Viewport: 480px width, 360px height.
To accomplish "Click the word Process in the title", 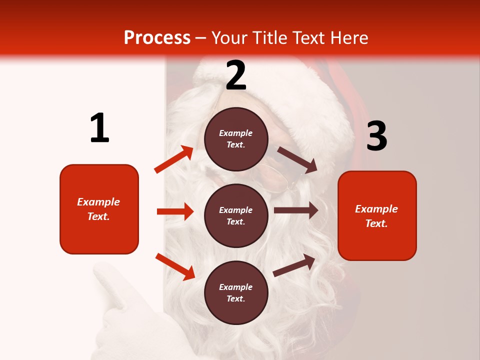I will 157,38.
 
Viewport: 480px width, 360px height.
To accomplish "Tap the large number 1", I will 99,128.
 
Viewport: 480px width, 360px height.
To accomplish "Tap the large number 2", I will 236,76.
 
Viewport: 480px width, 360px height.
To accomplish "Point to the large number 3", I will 376,136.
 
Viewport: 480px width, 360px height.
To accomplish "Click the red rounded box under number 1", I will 99,209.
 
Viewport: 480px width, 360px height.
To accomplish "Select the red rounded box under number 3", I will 377,215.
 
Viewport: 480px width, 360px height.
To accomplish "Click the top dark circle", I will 236,139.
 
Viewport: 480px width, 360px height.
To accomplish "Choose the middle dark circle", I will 236,215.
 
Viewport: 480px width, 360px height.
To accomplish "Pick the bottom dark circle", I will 236,292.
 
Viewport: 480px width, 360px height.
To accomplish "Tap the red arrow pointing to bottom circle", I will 175,266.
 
